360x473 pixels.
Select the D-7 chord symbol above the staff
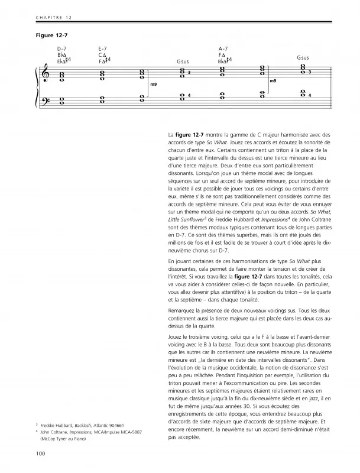click(x=62, y=48)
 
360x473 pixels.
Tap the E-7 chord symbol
click(x=103, y=48)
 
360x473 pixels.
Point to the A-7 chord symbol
click(x=223, y=48)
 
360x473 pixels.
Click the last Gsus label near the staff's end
click(x=303, y=57)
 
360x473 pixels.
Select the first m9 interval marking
click(x=153, y=85)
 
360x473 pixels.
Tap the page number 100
click(x=40, y=453)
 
